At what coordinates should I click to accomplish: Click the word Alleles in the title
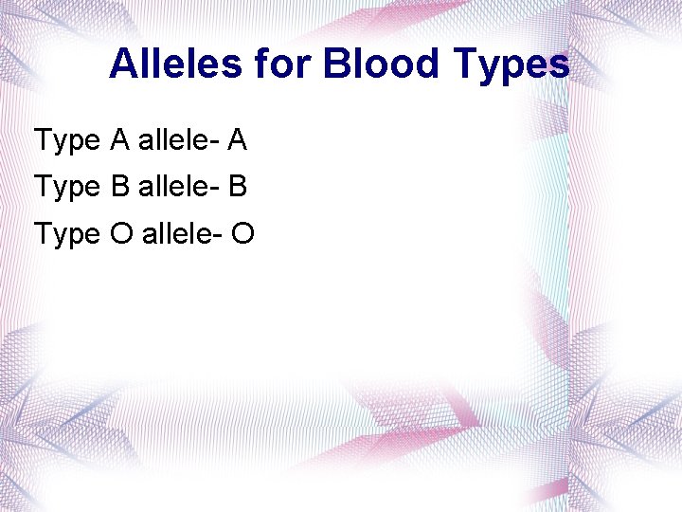(176, 64)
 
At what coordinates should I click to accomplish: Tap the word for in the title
(282, 64)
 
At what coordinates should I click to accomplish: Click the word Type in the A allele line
(67, 141)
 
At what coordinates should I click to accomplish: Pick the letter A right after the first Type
(119, 140)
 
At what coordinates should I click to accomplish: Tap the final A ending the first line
(237, 140)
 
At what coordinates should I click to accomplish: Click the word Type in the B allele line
(67, 188)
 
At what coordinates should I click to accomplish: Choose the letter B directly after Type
(119, 187)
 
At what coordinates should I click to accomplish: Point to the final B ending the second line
(238, 187)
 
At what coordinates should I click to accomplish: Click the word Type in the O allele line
(67, 234)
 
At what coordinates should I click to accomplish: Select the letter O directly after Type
(121, 233)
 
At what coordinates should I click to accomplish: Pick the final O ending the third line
(242, 233)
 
